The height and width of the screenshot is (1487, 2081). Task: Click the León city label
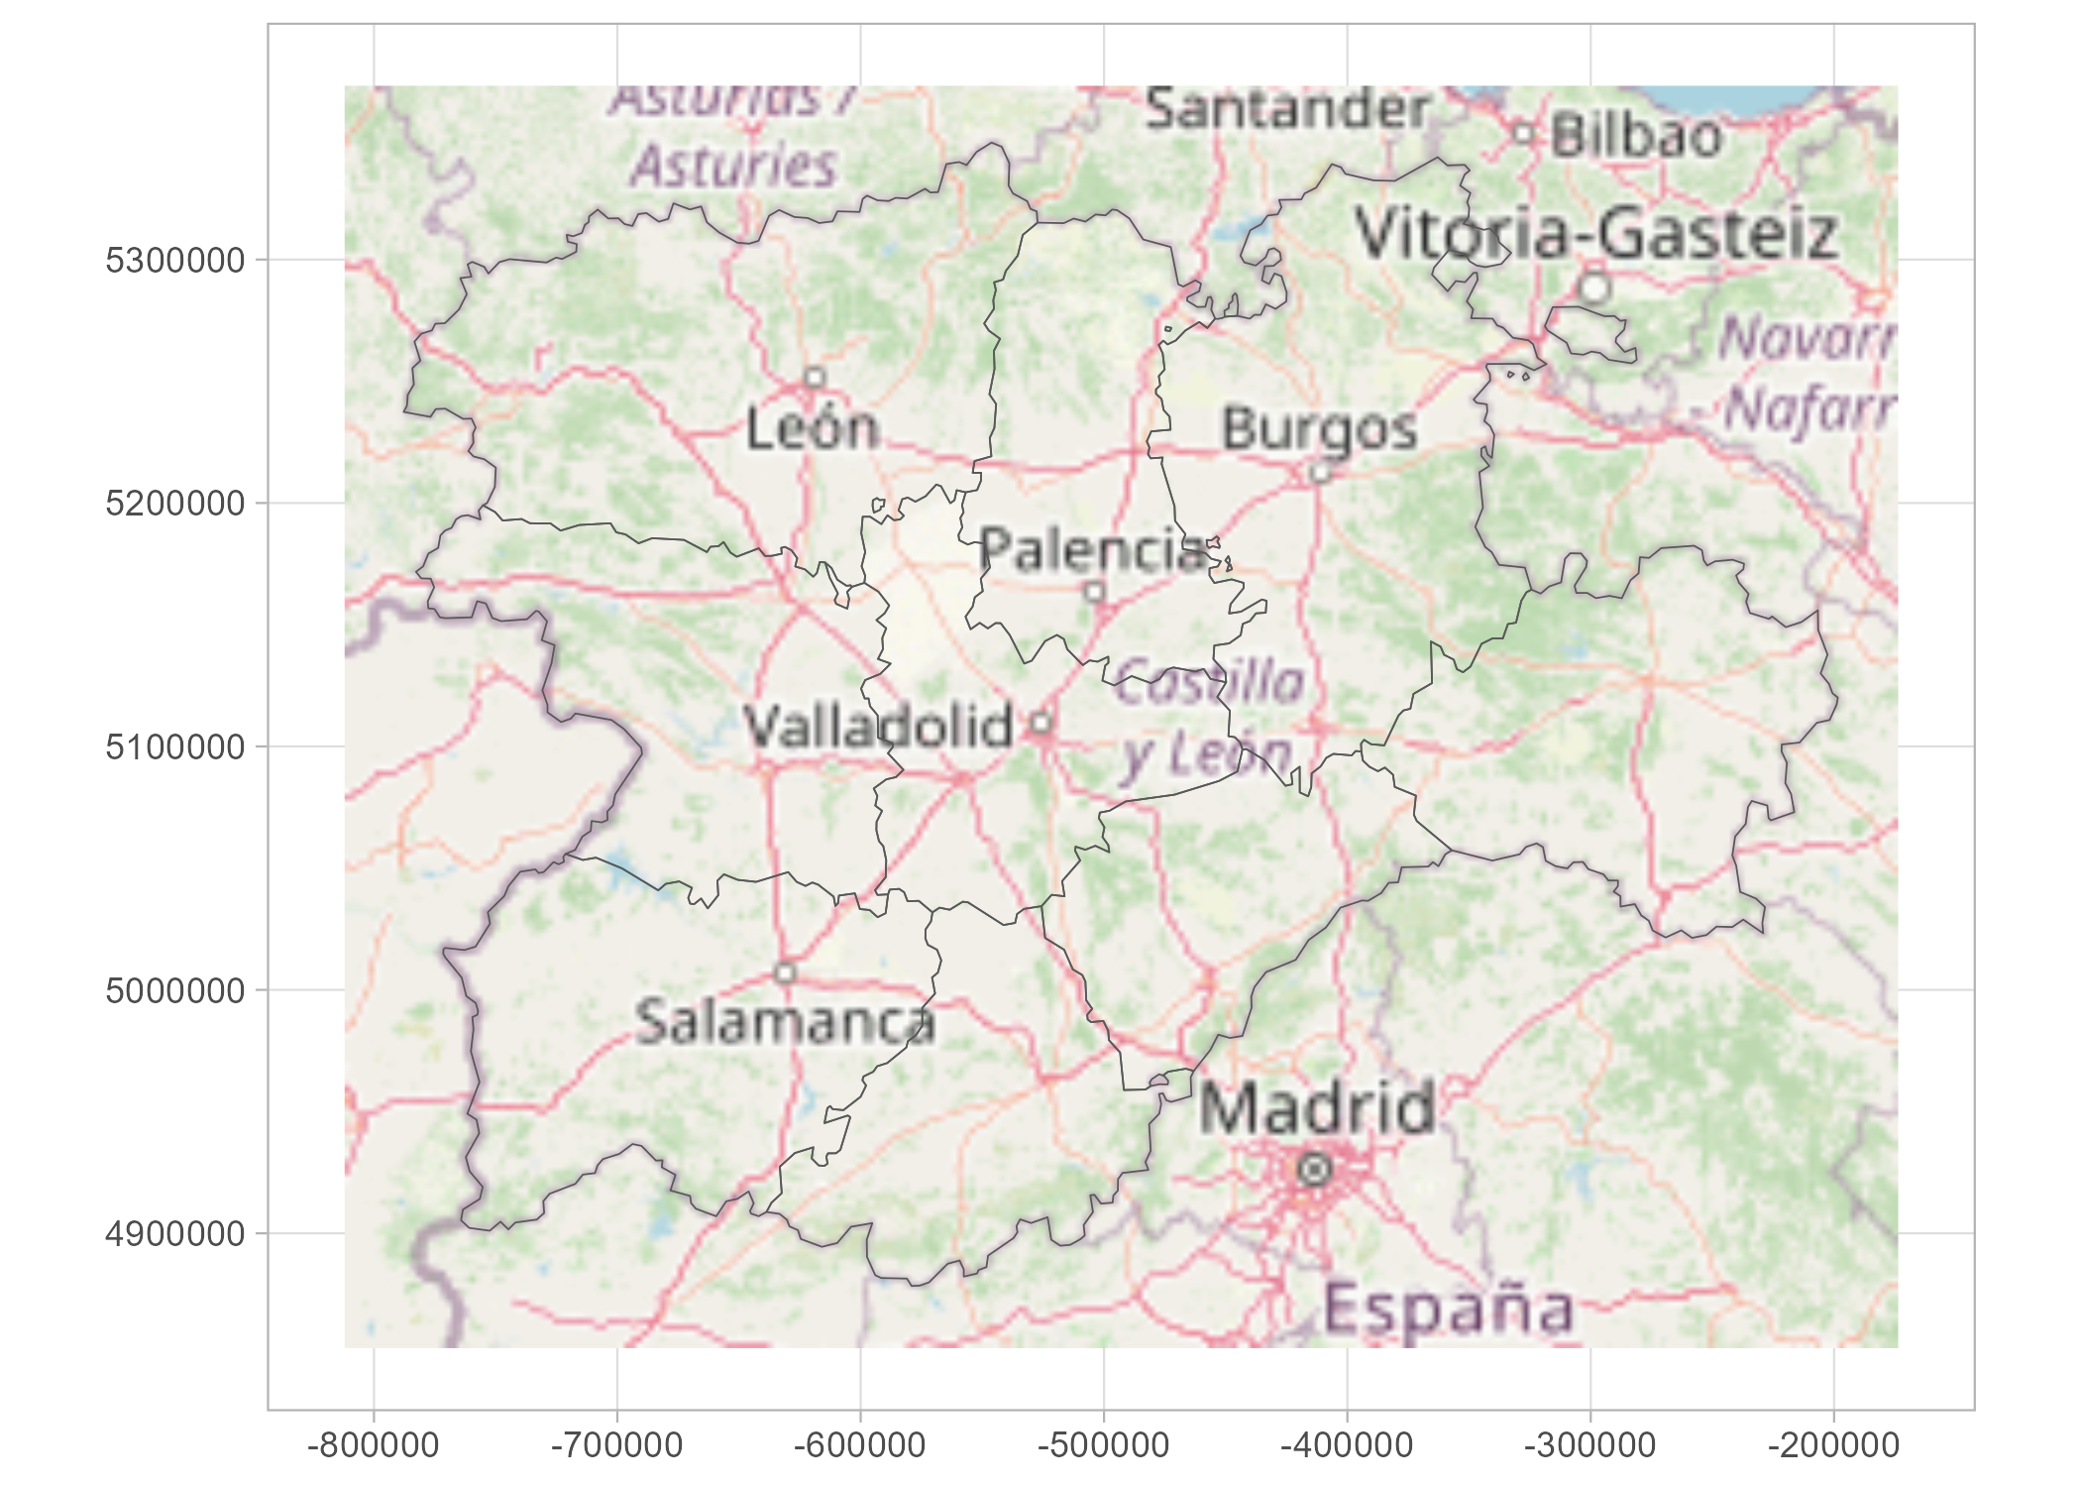tap(813, 428)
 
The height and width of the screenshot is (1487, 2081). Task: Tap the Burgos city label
tap(1319, 429)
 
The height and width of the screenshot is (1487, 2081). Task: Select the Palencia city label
tap(1093, 549)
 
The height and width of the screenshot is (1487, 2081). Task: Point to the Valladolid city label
tap(878, 726)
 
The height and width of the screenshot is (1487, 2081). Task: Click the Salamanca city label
tap(785, 1022)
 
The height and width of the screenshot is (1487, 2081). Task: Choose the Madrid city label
tap(1317, 1107)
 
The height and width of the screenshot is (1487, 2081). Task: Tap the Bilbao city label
tap(1636, 136)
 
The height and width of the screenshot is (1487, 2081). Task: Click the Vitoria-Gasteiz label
tap(1595, 234)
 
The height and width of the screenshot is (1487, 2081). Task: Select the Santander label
tap(1287, 108)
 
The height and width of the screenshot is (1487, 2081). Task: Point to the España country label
tap(1448, 1309)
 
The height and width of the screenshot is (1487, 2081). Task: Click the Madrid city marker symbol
tap(1314, 1170)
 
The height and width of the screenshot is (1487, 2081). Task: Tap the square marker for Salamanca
tap(785, 972)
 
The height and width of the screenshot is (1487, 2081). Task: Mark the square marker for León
tap(815, 378)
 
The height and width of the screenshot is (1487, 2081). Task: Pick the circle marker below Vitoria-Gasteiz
tap(1593, 287)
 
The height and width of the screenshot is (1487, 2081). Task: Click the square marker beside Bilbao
tap(1524, 133)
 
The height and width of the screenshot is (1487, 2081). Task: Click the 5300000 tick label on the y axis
tap(174, 261)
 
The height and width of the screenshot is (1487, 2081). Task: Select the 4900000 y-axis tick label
tap(174, 1234)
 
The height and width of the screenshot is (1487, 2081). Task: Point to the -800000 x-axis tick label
tap(374, 1445)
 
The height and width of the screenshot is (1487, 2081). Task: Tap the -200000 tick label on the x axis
tap(1833, 1445)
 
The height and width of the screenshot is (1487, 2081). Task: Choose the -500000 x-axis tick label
tap(1103, 1445)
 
